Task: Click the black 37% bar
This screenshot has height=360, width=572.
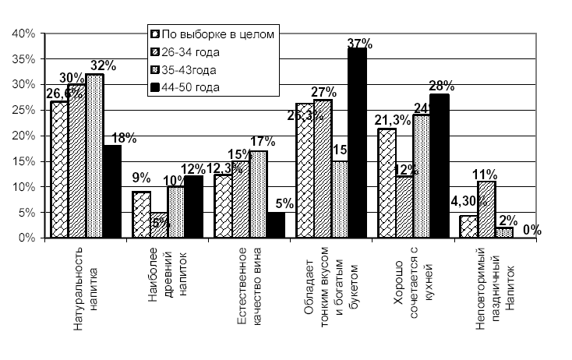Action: tap(357, 143)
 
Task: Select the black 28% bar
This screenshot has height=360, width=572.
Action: tap(439, 166)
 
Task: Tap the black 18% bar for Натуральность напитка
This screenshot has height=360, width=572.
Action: tap(112, 192)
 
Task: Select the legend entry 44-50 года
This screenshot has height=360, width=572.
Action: tap(196, 87)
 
